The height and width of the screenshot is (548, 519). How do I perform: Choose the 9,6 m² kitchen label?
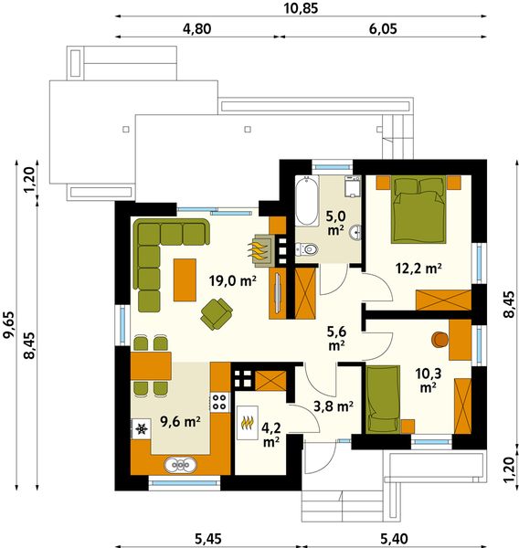pyautogui.click(x=180, y=421)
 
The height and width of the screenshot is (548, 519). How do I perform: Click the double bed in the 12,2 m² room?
pyautogui.click(x=419, y=209)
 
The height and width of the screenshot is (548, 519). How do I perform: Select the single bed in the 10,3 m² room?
pyautogui.click(x=383, y=397)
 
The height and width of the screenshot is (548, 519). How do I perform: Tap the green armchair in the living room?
pyautogui.click(x=217, y=315)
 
